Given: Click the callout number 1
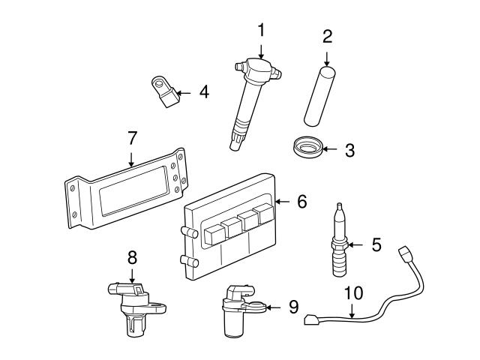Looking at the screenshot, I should coord(261,30).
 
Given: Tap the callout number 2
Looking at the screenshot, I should coord(327,35).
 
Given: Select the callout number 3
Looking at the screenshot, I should coord(349,150).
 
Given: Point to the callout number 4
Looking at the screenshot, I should coord(203,92).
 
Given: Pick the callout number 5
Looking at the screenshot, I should coord(376,244).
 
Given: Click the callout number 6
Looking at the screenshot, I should coord(301,201).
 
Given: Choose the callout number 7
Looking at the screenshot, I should coord(132,138).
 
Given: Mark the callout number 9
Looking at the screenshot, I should coord(293,307).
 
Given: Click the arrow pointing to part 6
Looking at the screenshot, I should coord(283,201).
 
